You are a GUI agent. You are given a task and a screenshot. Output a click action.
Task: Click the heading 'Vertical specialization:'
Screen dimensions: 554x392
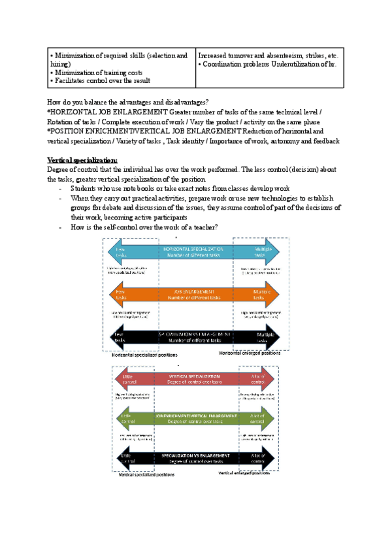(x=82, y=160)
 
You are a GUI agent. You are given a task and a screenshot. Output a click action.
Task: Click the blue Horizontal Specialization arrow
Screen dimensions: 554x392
(x=196, y=252)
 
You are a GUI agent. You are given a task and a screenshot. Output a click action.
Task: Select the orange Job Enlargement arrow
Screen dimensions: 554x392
(x=196, y=295)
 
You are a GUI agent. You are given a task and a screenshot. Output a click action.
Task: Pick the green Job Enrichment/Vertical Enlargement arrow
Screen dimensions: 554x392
(x=196, y=419)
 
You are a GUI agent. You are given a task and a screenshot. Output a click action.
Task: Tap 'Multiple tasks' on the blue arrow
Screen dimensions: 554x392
(x=264, y=252)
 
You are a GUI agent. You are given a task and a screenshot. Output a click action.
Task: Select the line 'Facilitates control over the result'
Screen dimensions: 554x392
(x=103, y=81)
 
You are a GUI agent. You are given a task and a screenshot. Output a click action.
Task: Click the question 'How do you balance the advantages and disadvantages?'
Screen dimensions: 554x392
(x=128, y=102)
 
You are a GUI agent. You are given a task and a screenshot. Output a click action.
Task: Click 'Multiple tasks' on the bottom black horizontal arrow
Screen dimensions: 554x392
(x=264, y=337)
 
